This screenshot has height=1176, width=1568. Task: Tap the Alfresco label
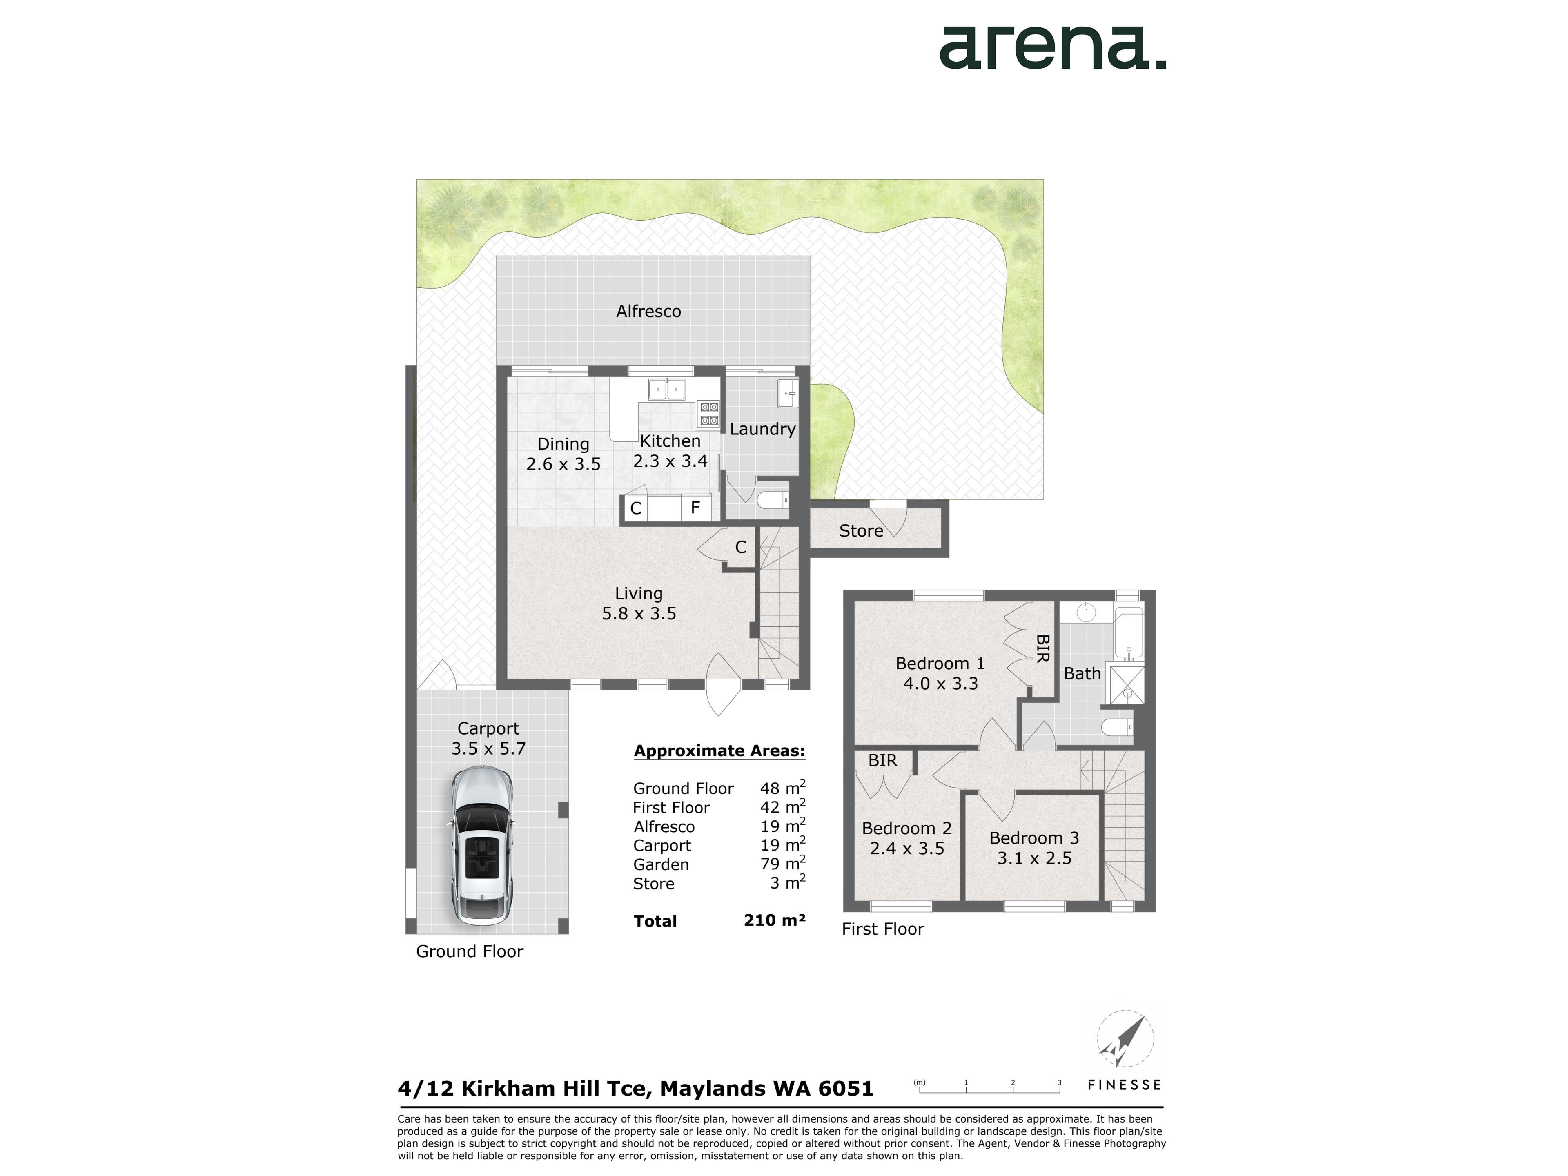(648, 311)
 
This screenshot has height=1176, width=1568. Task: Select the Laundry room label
(762, 429)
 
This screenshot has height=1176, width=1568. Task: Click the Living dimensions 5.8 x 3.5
(639, 613)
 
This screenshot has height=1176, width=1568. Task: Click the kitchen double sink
(666, 389)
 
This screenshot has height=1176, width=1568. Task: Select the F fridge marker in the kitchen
(695, 508)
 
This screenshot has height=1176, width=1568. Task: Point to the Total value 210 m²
(775, 920)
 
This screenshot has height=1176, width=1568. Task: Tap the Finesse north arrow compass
(1125, 1040)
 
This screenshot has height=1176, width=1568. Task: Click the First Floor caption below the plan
(882, 929)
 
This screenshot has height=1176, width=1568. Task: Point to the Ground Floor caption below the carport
(469, 951)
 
